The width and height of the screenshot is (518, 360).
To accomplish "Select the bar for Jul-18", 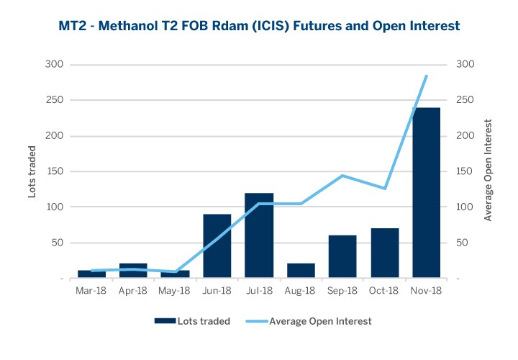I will (259, 235).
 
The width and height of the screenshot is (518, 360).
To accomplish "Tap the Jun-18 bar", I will (217, 246).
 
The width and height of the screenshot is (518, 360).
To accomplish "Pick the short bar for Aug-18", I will (301, 271).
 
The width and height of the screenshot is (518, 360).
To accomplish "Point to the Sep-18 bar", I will (342, 256).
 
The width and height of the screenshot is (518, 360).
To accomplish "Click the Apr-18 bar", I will (132, 271).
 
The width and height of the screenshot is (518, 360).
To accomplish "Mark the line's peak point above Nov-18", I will (427, 76).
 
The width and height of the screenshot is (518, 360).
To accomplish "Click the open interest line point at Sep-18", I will (342, 176).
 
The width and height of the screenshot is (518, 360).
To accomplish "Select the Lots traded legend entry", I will (193, 321).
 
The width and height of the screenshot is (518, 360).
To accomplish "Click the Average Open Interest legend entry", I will (309, 321).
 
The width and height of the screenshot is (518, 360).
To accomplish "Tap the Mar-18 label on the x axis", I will (91, 291).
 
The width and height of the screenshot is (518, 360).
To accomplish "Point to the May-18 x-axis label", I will (174, 291).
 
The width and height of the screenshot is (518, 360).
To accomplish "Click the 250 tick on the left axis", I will (55, 100).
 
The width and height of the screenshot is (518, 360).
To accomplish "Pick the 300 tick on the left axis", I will (55, 65).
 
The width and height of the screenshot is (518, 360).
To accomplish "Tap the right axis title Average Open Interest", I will (489, 171).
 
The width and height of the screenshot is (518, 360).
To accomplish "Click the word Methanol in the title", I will (128, 26).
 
